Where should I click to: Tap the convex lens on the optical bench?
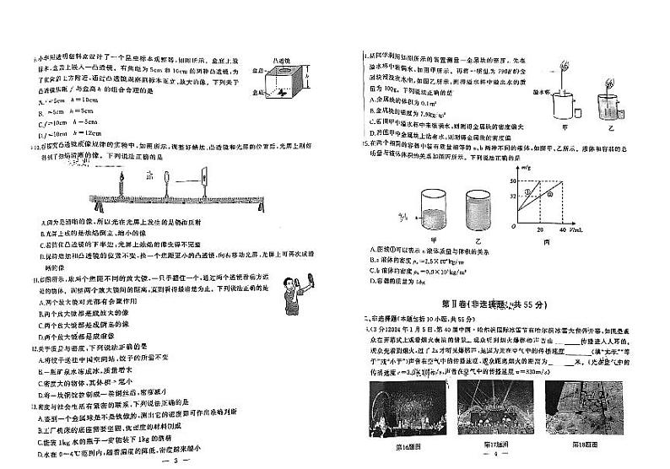[170, 183]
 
